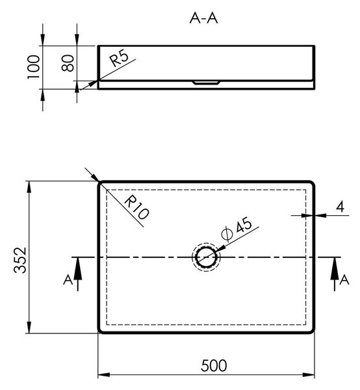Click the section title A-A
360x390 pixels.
203,18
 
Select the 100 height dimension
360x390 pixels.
33,67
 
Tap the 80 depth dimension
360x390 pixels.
68,63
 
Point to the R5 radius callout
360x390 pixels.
120,58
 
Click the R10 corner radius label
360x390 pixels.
136,207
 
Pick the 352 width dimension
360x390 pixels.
20,260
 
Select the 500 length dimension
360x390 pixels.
214,365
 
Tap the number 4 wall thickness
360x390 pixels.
340,207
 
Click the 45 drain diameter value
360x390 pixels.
244,225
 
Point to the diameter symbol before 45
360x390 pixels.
227,234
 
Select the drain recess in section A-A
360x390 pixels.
206,83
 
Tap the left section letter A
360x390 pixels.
68,279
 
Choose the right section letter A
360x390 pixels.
344,279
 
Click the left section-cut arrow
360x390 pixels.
77,274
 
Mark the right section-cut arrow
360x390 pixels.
335,274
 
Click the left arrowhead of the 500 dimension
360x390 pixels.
104,374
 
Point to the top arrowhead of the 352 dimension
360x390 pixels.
29,187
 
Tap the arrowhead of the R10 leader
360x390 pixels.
95,177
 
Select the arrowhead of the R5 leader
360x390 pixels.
92,84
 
